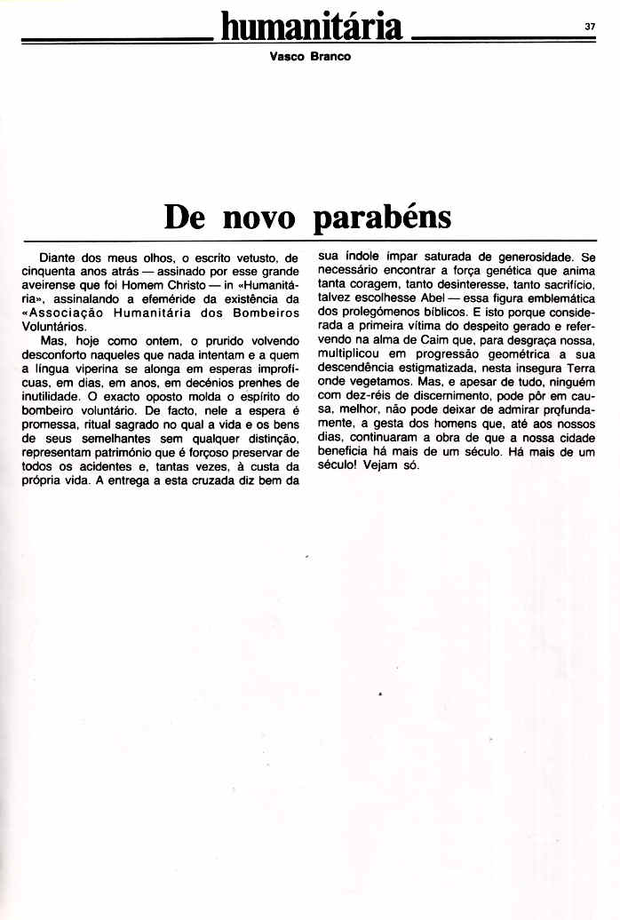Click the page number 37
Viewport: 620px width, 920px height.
590,26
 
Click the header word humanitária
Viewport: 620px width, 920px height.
312,27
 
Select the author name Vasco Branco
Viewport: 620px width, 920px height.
309,56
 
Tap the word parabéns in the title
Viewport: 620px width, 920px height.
382,217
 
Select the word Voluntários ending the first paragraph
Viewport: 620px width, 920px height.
50,327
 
